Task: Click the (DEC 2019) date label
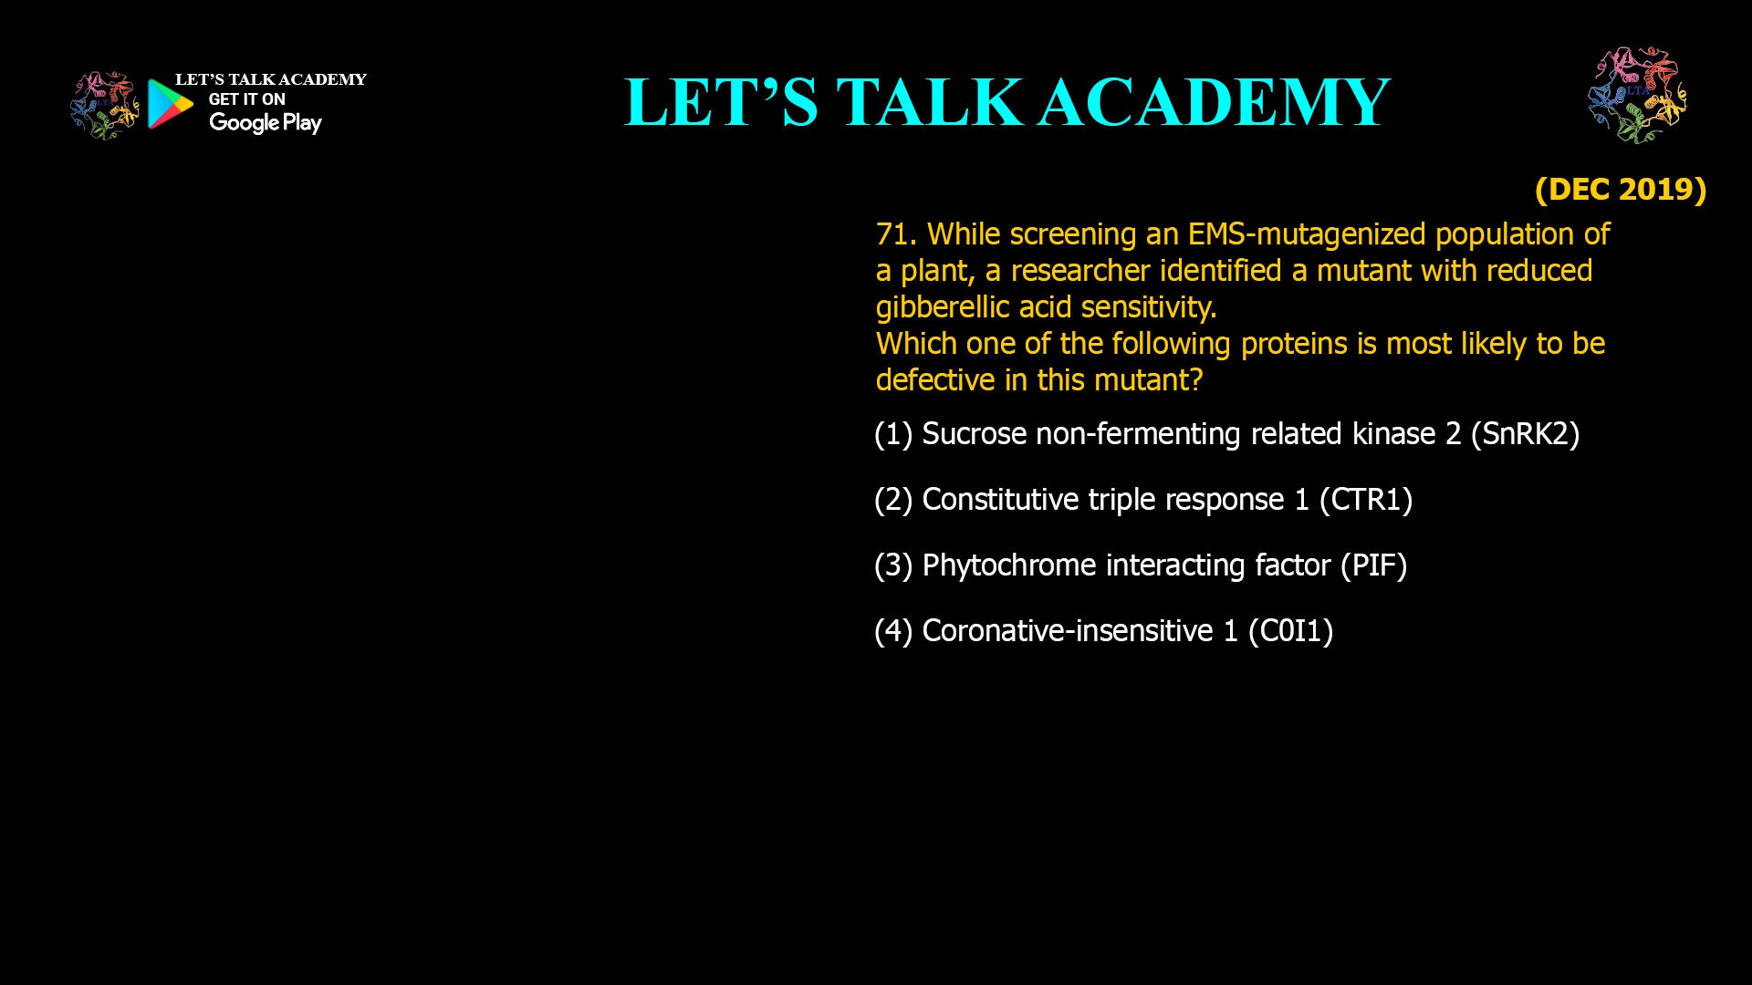pyautogui.click(x=1620, y=190)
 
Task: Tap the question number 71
pyautogui.click(x=895, y=234)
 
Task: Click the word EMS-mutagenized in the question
pyautogui.click(x=1307, y=234)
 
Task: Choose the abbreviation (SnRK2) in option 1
pyautogui.click(x=1525, y=434)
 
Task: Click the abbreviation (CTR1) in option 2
pyautogui.click(x=1366, y=500)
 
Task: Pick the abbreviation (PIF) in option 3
pyautogui.click(x=1373, y=565)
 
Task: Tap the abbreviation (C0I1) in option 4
pyautogui.click(x=1290, y=631)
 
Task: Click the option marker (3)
pyautogui.click(x=893, y=565)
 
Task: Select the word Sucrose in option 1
pyautogui.click(x=974, y=434)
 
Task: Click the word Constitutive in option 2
pyautogui.click(x=1000, y=500)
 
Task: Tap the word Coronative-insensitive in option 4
pyautogui.click(x=1067, y=631)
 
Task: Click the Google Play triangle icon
pyautogui.click(x=170, y=104)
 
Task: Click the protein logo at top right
pyautogui.click(x=1637, y=95)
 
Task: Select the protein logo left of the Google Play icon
pyautogui.click(x=104, y=106)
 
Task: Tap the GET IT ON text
pyautogui.click(x=246, y=99)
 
